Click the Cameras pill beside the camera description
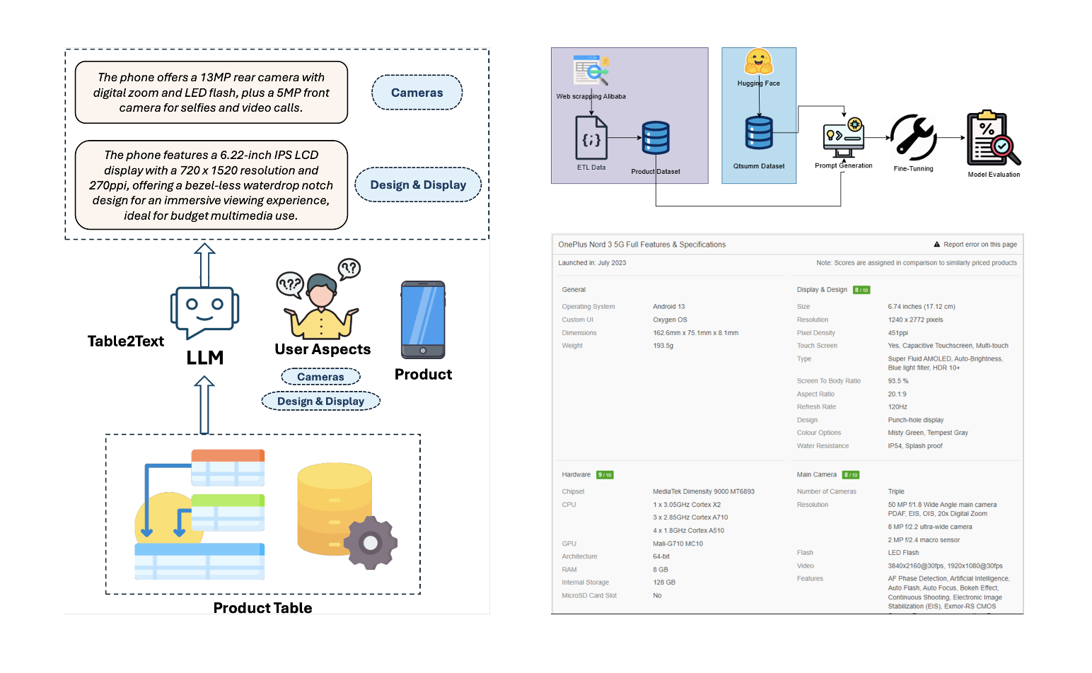click(417, 93)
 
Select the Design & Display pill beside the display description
click(418, 185)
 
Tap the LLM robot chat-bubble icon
click(204, 312)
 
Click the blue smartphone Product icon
click(423, 320)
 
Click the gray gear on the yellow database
click(370, 542)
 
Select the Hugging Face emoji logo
click(758, 62)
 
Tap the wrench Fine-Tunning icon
click(913, 137)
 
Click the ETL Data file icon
click(591, 138)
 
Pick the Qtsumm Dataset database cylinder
click(759, 133)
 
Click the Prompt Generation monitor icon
click(843, 138)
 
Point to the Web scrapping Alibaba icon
click(591, 71)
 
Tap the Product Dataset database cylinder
click(656, 138)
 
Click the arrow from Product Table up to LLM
click(204, 404)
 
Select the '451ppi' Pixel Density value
click(898, 333)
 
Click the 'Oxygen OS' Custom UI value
click(670, 320)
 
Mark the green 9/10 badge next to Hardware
click(605, 475)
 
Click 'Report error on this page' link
click(980, 245)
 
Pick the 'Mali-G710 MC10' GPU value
click(678, 544)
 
